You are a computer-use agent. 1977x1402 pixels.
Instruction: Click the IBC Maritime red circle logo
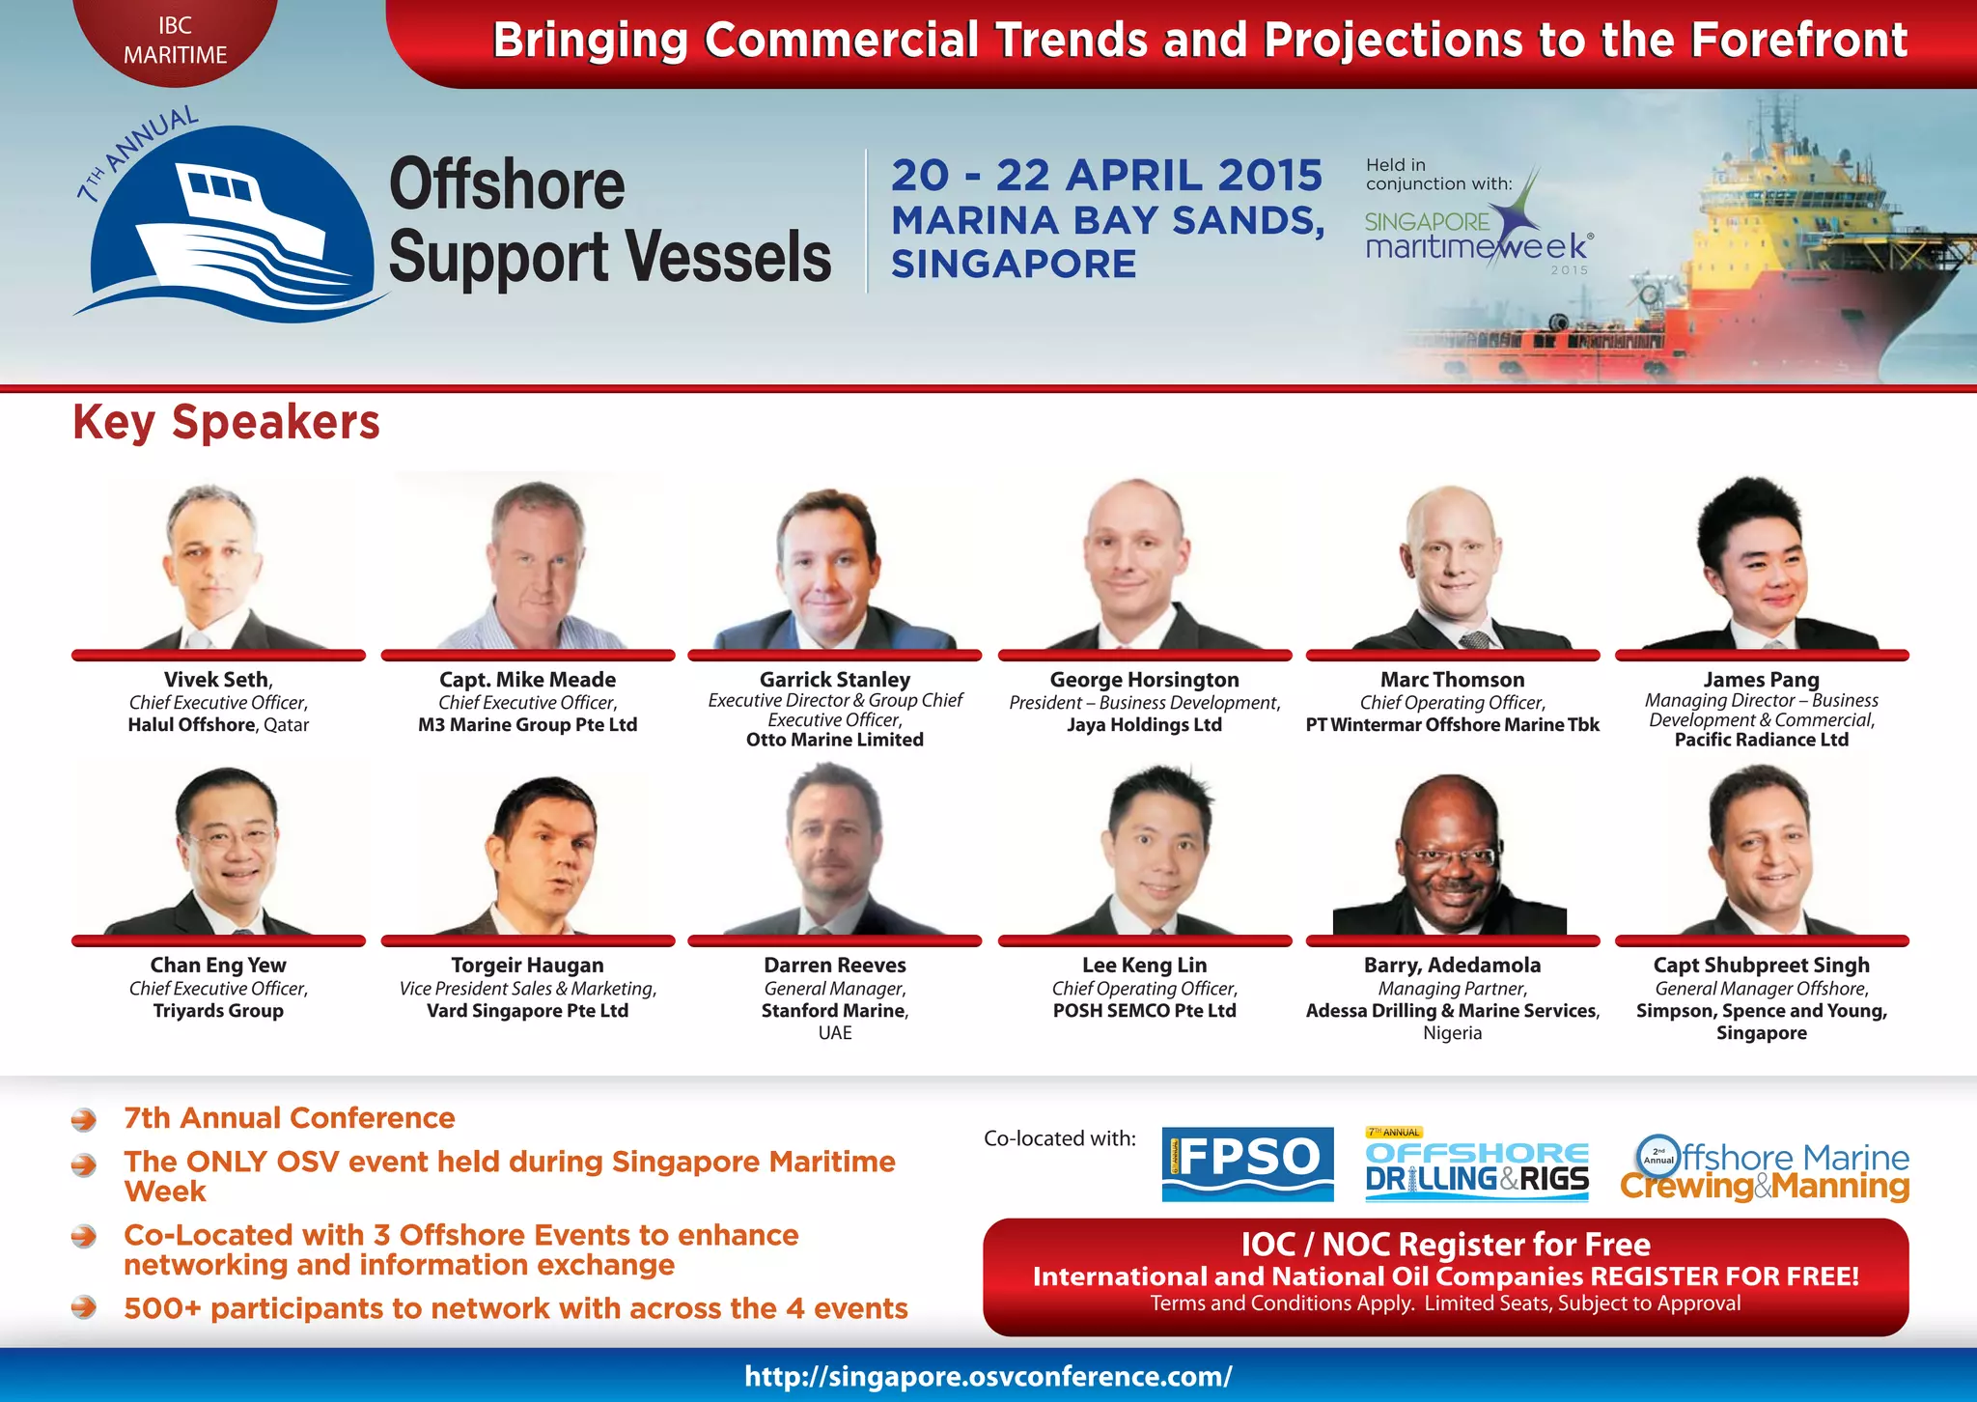pyautogui.click(x=175, y=39)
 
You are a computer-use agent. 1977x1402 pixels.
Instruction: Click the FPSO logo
pyautogui.click(x=1247, y=1164)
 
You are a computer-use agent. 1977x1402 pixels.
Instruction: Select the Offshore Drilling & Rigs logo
pyautogui.click(x=1477, y=1165)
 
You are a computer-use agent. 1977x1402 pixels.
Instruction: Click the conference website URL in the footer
pyautogui.click(x=988, y=1376)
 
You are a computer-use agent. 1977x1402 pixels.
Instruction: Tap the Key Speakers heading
pyautogui.click(x=226, y=422)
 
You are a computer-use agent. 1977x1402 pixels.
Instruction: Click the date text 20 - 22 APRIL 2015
pyautogui.click(x=1106, y=176)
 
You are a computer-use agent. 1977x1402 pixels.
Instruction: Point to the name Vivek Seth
pyautogui.click(x=218, y=680)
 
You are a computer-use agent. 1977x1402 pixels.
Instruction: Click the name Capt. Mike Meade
pyautogui.click(x=527, y=680)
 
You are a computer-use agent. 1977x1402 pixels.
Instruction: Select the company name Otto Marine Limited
pyautogui.click(x=834, y=740)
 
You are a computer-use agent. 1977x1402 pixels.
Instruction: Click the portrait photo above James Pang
pyautogui.click(x=1761, y=565)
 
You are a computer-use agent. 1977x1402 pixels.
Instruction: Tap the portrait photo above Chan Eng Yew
pyautogui.click(x=218, y=850)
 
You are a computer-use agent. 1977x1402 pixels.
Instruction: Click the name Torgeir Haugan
pyautogui.click(x=527, y=965)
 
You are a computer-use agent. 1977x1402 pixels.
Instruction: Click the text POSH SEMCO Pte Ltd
pyautogui.click(x=1144, y=1011)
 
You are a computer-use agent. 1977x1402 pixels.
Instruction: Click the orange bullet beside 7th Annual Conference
pyautogui.click(x=84, y=1119)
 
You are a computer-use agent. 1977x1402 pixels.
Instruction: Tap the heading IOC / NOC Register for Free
pyautogui.click(x=1445, y=1244)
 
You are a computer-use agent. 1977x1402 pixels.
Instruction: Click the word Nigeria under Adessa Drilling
pyautogui.click(x=1452, y=1033)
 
